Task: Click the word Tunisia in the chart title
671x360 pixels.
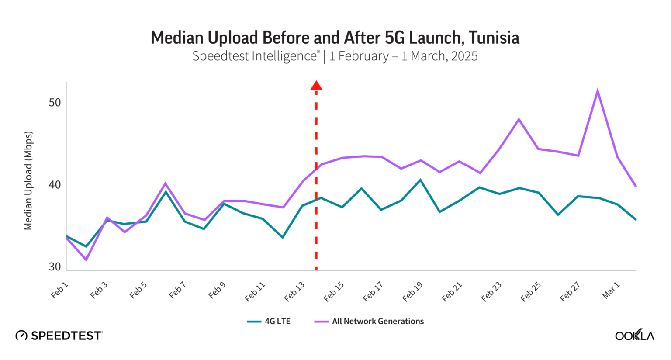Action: pyautogui.click(x=494, y=38)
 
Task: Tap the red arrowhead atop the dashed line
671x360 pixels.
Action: pyautogui.click(x=316, y=86)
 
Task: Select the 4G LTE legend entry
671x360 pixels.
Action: pyautogui.click(x=269, y=321)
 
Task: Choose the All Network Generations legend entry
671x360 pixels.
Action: pyautogui.click(x=369, y=321)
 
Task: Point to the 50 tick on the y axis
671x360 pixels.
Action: pyautogui.click(x=55, y=103)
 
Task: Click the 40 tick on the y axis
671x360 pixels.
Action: pyautogui.click(x=55, y=185)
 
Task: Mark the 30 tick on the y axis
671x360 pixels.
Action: pyautogui.click(x=55, y=267)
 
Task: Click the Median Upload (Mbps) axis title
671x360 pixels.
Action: pyautogui.click(x=28, y=180)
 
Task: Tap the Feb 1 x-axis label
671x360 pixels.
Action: pyautogui.click(x=60, y=290)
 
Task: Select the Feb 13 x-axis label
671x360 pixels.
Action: pyautogui.click(x=294, y=292)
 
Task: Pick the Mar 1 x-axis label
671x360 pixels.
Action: pyautogui.click(x=611, y=290)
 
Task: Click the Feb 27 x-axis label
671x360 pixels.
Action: pyautogui.click(x=570, y=292)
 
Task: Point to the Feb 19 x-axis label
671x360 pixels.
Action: pyautogui.click(x=412, y=292)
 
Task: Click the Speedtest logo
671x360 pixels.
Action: pyautogui.click(x=59, y=336)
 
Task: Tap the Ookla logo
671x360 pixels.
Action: pyautogui.click(x=634, y=335)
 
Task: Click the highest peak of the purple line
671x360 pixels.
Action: pyautogui.click(x=597, y=90)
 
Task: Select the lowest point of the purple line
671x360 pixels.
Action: pyautogui.click(x=86, y=260)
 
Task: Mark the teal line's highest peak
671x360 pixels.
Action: pyautogui.click(x=420, y=180)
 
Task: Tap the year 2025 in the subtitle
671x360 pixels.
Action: pyautogui.click(x=464, y=56)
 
